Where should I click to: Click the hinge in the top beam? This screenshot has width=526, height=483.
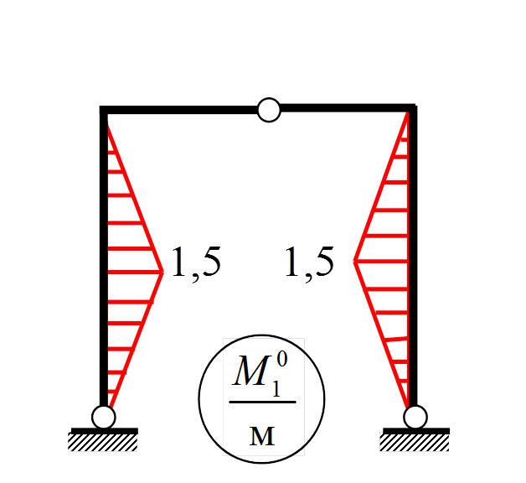point(269,110)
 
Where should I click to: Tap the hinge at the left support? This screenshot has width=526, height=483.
point(103,416)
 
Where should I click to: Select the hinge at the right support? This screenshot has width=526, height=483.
point(415,417)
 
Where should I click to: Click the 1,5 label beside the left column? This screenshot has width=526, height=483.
point(196,262)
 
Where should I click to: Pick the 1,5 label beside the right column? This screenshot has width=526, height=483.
point(309,262)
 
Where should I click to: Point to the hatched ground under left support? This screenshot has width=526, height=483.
point(103,441)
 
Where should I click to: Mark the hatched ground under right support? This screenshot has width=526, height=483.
point(415,441)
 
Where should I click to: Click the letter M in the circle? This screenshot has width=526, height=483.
point(249,374)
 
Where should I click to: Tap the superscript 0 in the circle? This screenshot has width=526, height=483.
point(282,360)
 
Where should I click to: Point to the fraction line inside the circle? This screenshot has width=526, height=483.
point(262,402)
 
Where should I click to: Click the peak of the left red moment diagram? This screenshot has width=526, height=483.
point(162,270)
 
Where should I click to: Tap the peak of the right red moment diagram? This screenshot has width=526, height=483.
point(355,262)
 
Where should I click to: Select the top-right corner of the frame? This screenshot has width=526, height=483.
point(412,108)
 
